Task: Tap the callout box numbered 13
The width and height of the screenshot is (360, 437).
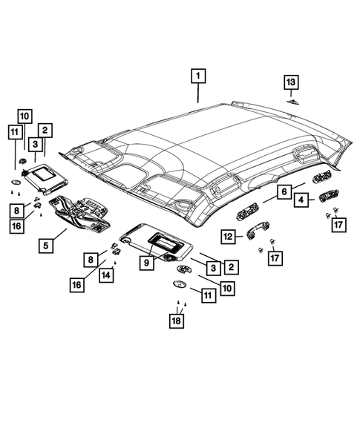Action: (291, 81)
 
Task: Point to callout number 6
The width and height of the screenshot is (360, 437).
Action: (283, 191)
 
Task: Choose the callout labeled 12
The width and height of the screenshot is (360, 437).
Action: (229, 237)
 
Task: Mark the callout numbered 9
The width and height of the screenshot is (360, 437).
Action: (147, 261)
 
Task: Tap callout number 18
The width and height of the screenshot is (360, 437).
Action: (176, 321)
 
